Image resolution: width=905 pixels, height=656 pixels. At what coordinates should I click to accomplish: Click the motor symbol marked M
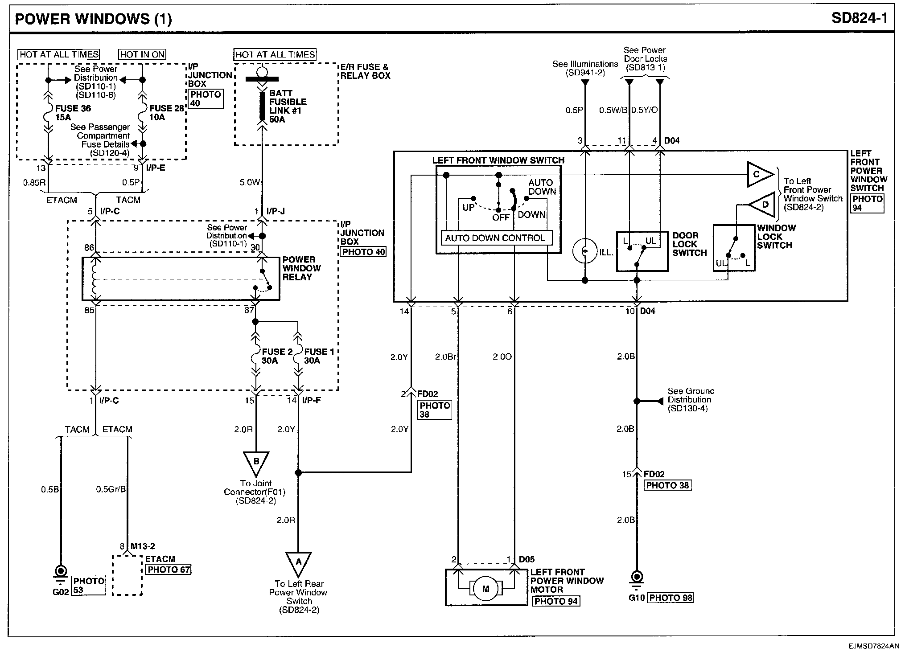point(485,589)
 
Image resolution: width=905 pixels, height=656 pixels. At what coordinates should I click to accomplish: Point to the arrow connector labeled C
point(761,175)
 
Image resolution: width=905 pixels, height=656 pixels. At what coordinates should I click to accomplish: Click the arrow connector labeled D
point(762,205)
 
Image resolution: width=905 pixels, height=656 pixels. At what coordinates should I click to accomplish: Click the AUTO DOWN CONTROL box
point(496,238)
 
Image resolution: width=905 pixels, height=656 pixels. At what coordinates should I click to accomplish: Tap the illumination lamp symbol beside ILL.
point(584,251)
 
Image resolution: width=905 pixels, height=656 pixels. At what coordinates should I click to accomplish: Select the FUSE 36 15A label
point(73,113)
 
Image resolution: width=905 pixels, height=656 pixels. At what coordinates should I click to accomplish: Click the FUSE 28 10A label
point(167,113)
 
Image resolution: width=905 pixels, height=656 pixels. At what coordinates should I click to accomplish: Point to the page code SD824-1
point(859,18)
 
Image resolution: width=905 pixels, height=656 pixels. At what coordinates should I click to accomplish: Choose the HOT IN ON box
point(142,55)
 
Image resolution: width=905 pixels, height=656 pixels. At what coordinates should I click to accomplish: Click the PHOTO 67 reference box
point(169,569)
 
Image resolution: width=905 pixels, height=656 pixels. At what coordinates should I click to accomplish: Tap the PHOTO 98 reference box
point(670,598)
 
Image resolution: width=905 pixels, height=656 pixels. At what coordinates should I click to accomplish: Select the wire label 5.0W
point(250,182)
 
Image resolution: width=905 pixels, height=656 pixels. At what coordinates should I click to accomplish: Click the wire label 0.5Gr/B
point(111,489)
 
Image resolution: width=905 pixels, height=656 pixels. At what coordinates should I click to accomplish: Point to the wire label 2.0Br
point(445,357)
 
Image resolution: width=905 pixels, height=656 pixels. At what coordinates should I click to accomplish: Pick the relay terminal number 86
point(89,248)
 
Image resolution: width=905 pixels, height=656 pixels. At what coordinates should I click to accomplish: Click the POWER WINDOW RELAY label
point(301,268)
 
